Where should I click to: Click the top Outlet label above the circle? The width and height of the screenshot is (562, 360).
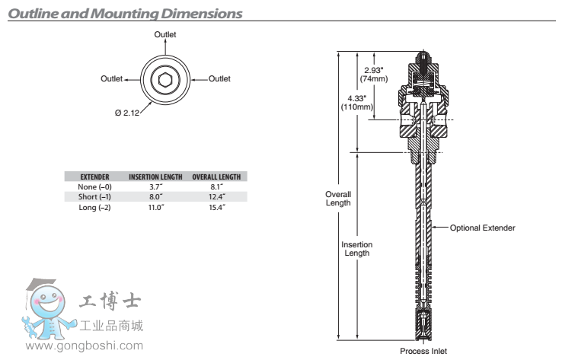point(165,35)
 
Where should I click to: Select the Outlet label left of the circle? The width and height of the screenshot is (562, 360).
point(112,78)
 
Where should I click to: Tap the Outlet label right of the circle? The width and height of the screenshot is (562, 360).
point(219,78)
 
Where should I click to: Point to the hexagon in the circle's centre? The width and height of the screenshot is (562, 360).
point(165,78)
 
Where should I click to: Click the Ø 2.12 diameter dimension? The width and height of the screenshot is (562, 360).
point(128,113)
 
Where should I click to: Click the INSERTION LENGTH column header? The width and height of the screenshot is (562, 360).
point(155,177)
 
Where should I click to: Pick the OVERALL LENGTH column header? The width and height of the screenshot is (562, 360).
point(216,177)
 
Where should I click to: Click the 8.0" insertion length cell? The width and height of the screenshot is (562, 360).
point(155,197)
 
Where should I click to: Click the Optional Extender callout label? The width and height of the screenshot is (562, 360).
point(483,228)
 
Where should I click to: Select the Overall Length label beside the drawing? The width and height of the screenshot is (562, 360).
point(338,198)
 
